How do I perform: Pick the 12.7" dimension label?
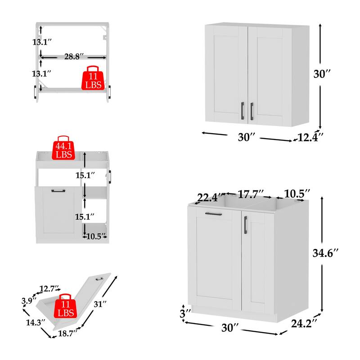pyautogui.click(x=49, y=288)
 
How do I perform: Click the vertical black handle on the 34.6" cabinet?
pyautogui.click(x=245, y=225)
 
